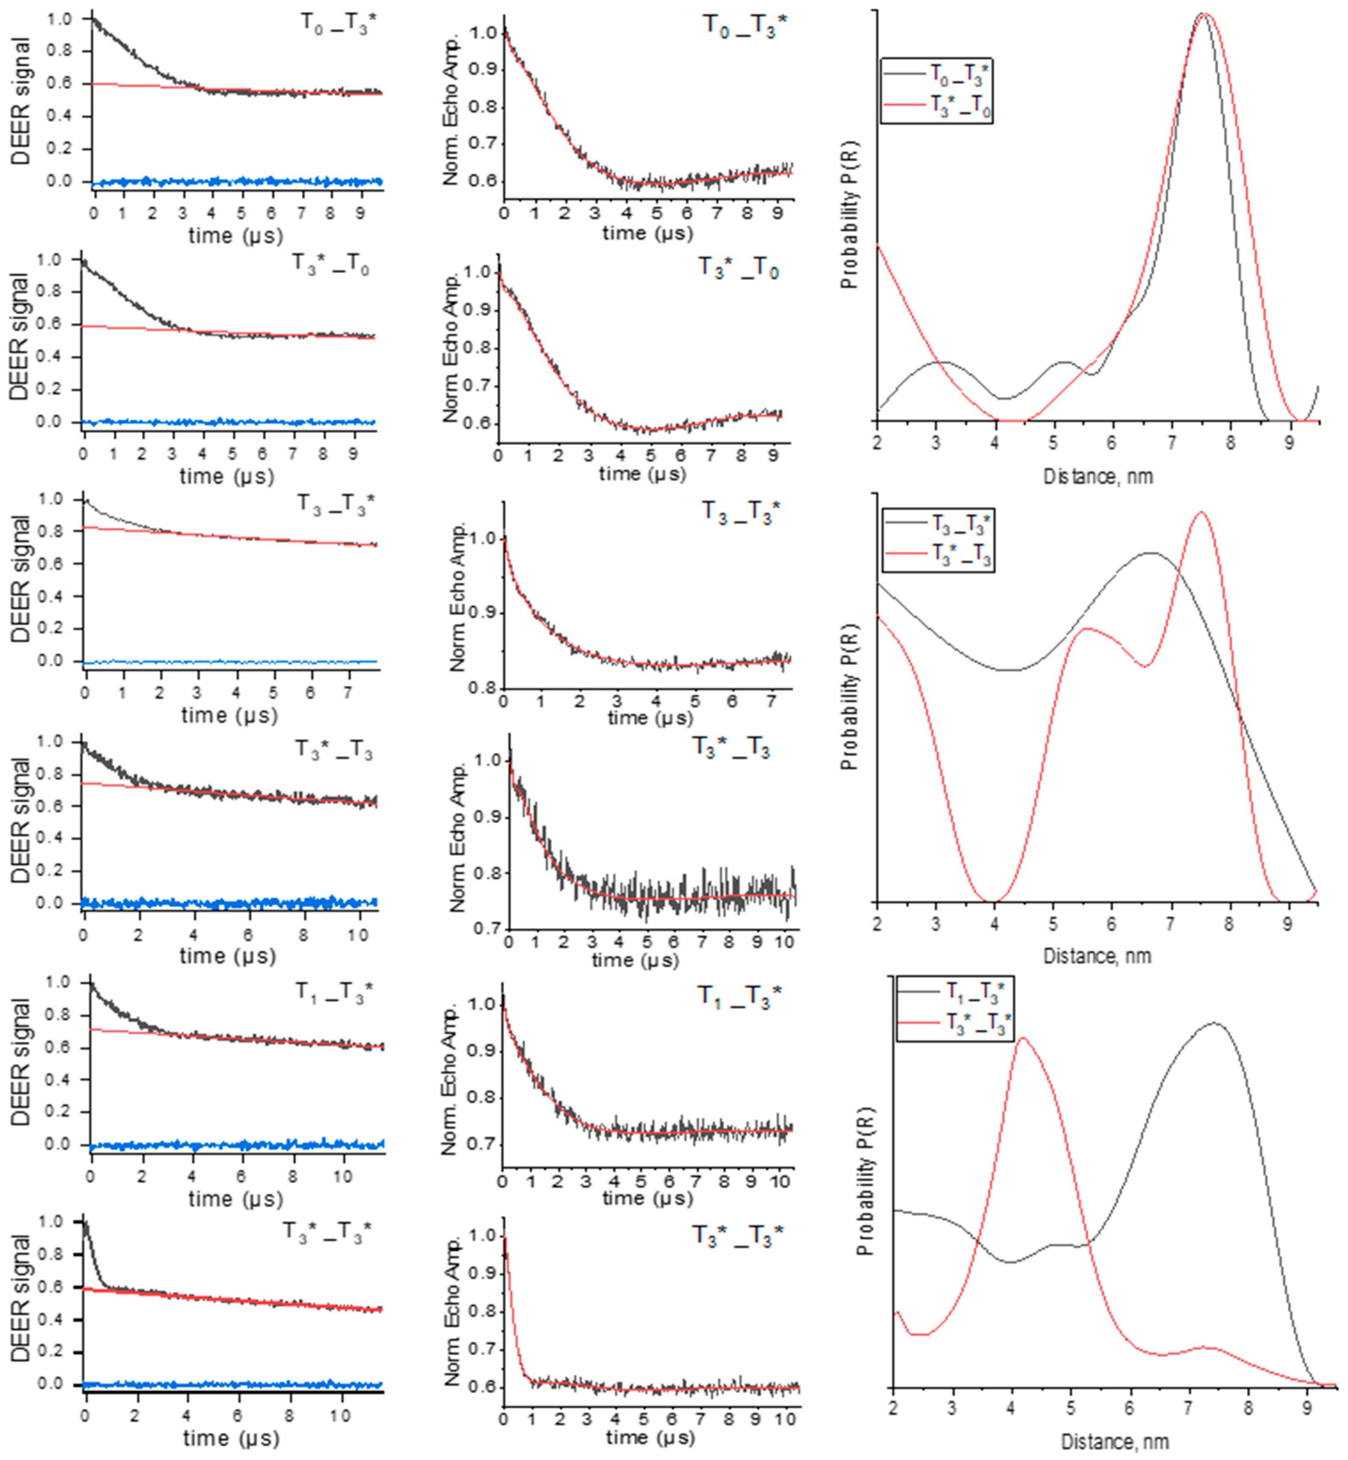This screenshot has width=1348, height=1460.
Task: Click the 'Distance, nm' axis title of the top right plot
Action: pos(1098,477)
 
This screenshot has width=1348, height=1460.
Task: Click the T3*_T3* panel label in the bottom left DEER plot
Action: pos(327,1232)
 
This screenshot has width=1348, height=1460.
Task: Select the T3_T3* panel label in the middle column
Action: pos(740,511)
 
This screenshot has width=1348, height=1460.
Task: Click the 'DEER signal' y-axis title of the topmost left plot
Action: pos(22,102)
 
